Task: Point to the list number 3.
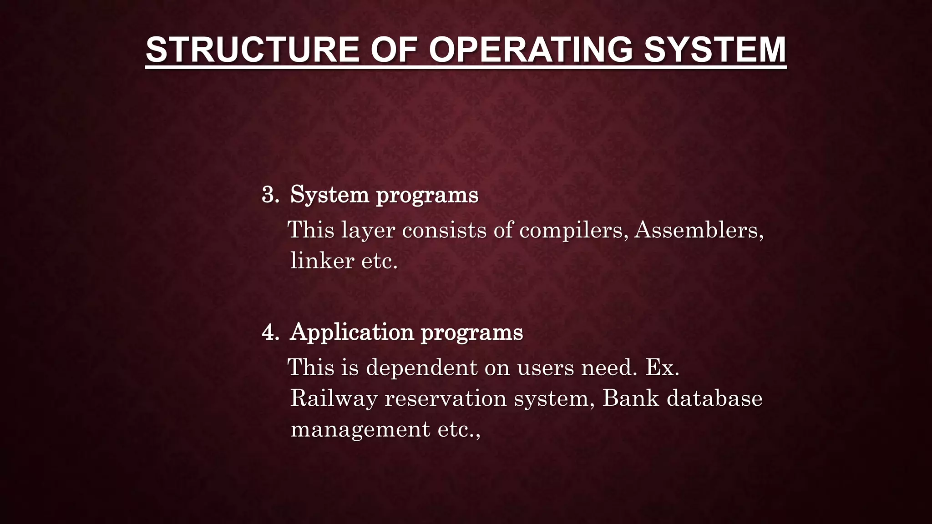(270, 195)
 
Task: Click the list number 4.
(270, 333)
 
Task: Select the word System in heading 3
(329, 195)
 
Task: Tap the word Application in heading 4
(351, 333)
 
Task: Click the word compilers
(571, 230)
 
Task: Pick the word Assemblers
(696, 230)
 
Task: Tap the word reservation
(446, 398)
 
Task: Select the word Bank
(630, 398)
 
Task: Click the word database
(714, 398)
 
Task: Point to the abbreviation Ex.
(662, 367)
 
